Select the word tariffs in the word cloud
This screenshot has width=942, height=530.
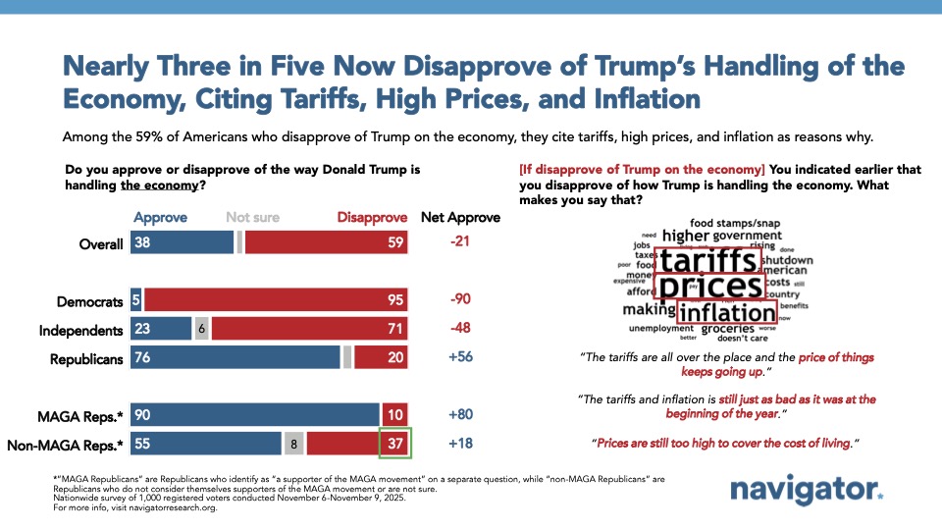coord(707,261)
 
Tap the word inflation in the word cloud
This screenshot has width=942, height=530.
coord(727,313)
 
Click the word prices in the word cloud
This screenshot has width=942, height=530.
coord(709,287)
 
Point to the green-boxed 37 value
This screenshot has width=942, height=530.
coord(394,444)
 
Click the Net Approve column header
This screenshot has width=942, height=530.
coord(460,217)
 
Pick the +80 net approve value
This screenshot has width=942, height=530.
coord(460,414)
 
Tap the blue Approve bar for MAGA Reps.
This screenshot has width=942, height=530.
coord(255,414)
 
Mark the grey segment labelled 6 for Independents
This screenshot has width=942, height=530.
coord(200,330)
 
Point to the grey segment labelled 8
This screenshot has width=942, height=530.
coord(293,444)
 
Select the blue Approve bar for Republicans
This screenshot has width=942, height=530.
coord(235,358)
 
